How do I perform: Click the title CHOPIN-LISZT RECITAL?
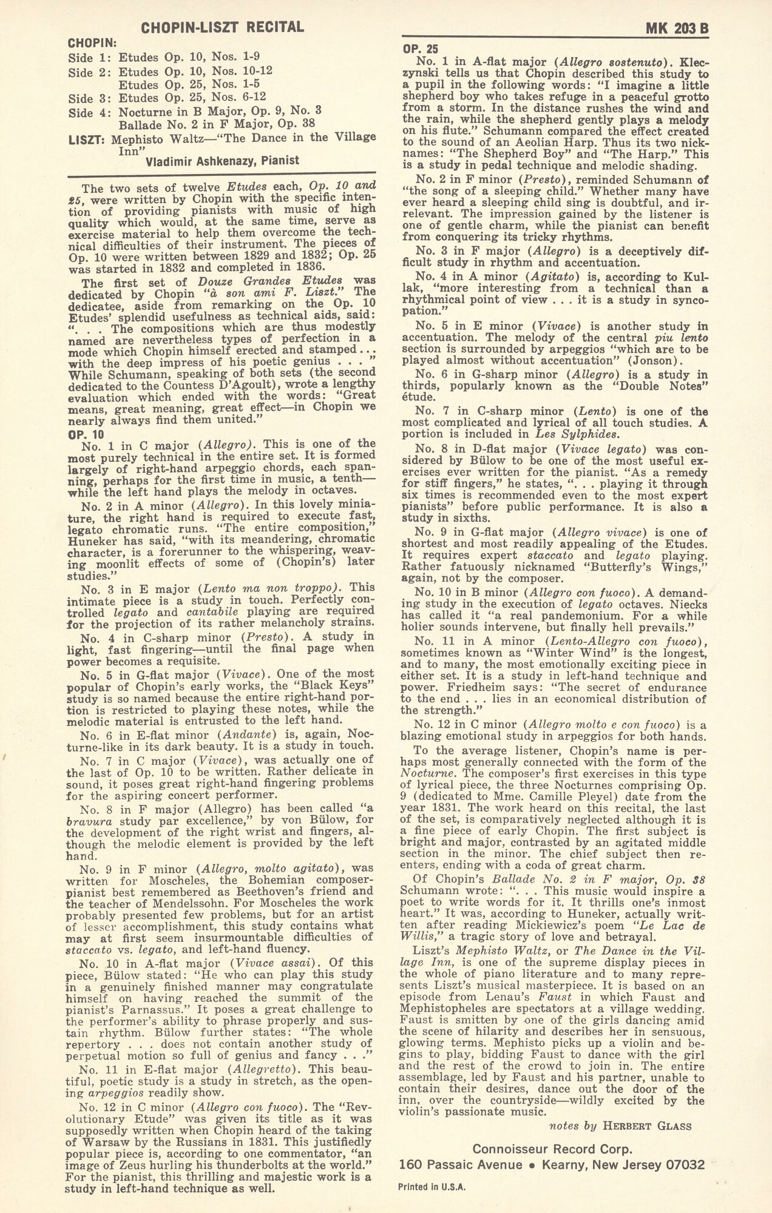(222, 27)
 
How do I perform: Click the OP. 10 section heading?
(86, 434)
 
